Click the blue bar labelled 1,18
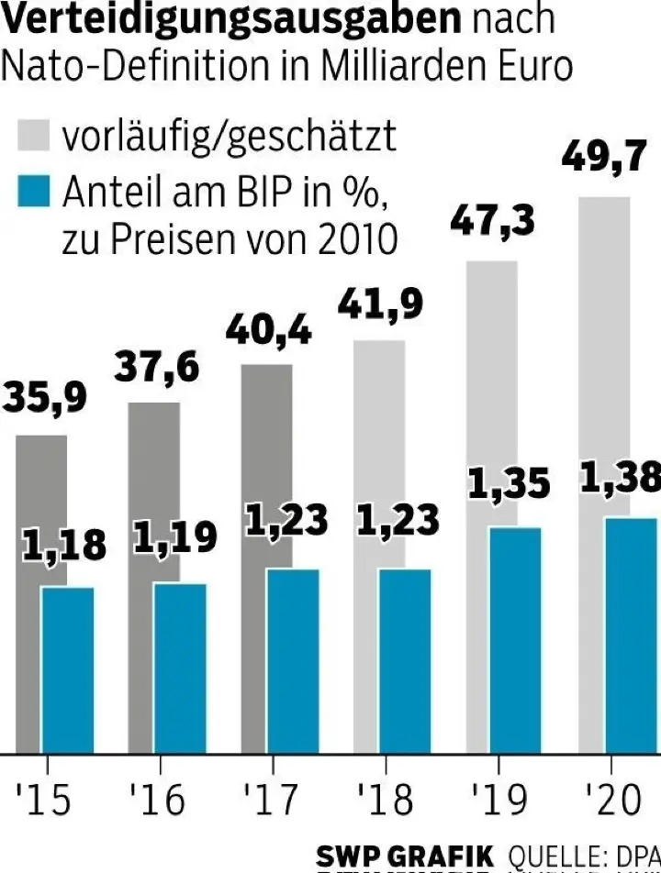pyautogui.click(x=67, y=669)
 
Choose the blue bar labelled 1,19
pyautogui.click(x=179, y=668)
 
